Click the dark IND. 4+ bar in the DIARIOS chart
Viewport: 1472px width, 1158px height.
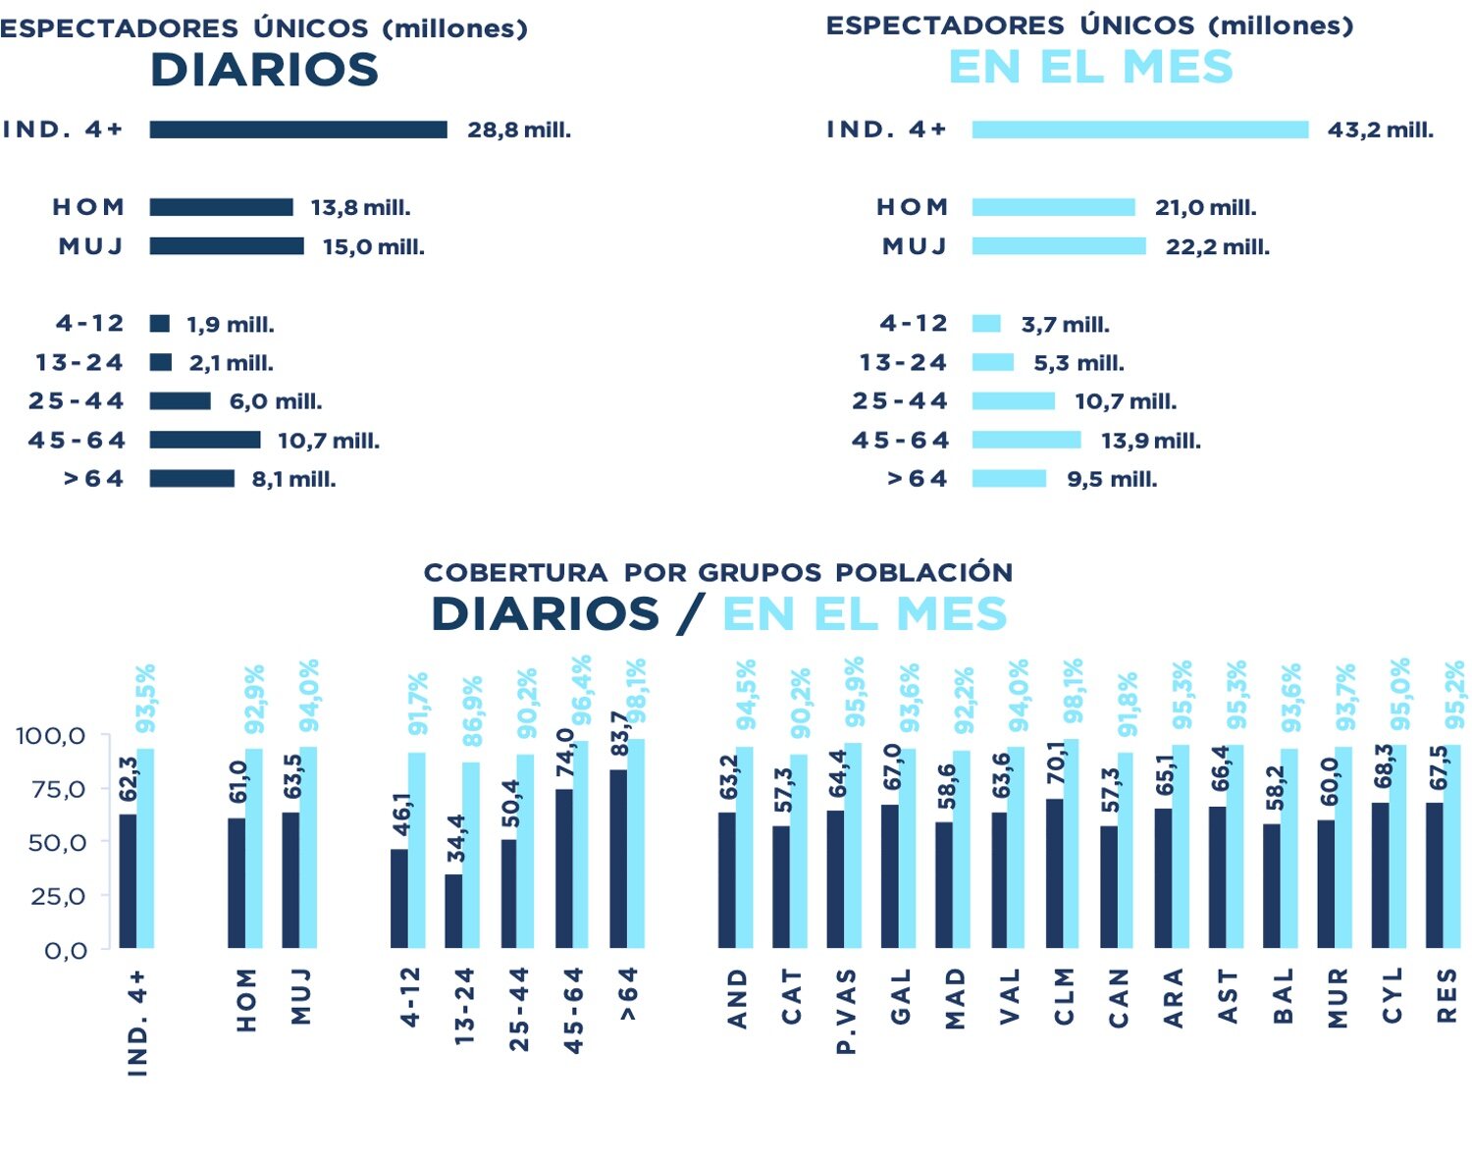point(298,130)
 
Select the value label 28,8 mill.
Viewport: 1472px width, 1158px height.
point(519,130)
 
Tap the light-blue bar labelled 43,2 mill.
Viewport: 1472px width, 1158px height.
point(1139,130)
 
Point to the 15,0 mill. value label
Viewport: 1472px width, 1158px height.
point(374,246)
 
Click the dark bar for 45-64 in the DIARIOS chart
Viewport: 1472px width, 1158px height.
point(205,440)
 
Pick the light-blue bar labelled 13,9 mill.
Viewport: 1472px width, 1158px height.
point(1026,440)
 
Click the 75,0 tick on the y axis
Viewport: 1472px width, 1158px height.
point(51,789)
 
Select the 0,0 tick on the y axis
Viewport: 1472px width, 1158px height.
point(65,950)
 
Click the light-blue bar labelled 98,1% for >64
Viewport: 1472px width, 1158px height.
point(636,844)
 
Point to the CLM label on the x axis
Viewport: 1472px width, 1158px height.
point(1065,996)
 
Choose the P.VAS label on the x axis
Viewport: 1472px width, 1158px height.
point(846,1011)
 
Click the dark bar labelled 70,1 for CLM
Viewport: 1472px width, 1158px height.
point(1054,873)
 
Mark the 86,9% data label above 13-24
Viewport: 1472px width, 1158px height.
point(473,711)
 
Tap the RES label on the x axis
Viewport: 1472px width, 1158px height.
point(1446,996)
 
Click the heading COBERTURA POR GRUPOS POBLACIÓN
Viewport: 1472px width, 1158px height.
point(718,572)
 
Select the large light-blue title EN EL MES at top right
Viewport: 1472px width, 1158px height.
point(1090,67)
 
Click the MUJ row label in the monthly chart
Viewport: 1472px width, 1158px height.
point(915,246)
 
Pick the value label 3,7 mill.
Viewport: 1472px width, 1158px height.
point(1065,324)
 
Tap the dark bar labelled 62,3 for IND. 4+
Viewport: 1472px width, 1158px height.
point(128,880)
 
